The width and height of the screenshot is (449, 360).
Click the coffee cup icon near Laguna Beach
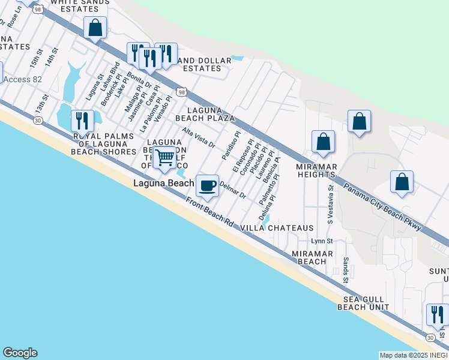click(x=208, y=186)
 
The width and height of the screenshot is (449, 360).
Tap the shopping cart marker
click(x=164, y=158)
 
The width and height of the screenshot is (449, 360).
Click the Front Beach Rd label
click(x=209, y=212)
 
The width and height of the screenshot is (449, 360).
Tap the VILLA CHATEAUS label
click(x=277, y=229)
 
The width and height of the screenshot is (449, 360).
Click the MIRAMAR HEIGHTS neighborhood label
click(x=315, y=170)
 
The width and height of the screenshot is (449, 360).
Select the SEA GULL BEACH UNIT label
click(x=367, y=303)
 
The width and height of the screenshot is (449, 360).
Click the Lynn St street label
click(x=322, y=241)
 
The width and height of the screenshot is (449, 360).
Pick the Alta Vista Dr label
click(x=199, y=139)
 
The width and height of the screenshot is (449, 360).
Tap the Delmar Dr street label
click(x=233, y=191)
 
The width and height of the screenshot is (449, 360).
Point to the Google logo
click(x=20, y=353)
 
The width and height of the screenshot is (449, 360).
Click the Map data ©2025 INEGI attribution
click(x=413, y=355)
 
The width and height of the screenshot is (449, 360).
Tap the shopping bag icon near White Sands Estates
click(x=95, y=28)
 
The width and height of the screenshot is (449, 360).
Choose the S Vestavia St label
click(x=330, y=203)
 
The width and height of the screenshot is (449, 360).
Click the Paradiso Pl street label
click(x=231, y=145)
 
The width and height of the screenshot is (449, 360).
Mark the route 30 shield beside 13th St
click(x=38, y=121)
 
